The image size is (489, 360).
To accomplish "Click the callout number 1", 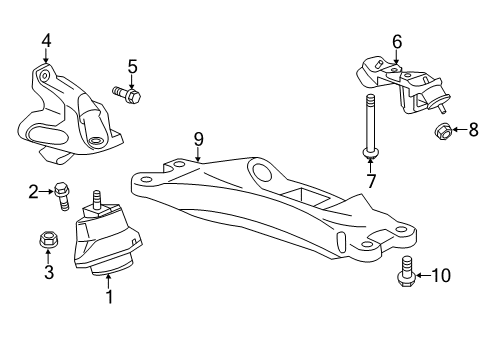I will [x=109, y=297].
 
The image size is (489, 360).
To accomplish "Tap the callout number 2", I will [x=33, y=190].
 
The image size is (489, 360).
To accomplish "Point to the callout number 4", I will [x=46, y=41].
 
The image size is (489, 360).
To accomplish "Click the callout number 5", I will [x=132, y=67].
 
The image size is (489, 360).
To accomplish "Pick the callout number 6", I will [x=396, y=41].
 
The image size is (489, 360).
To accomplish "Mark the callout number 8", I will [x=474, y=128].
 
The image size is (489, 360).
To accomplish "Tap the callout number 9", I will [x=198, y=138].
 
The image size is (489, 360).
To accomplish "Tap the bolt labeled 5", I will [x=130, y=96].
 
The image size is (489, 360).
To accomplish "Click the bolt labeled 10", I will [x=406, y=271].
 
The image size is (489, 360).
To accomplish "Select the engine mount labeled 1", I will [x=108, y=245].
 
